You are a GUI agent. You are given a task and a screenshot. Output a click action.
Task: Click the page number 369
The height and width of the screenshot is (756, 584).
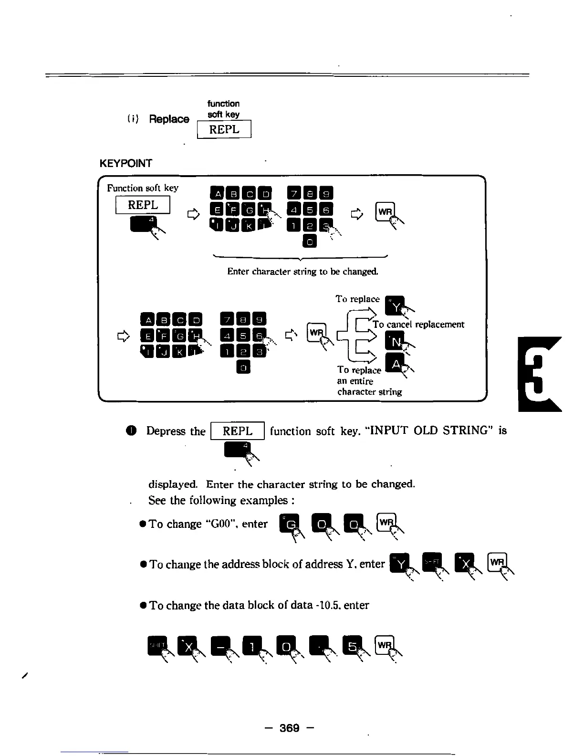(x=289, y=727)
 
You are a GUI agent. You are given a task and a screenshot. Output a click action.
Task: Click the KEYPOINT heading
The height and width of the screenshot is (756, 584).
(x=125, y=163)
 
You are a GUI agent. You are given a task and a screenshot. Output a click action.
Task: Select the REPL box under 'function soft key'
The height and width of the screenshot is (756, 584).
(x=224, y=129)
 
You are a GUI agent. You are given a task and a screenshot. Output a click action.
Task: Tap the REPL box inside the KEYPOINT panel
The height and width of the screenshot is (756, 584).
(x=143, y=205)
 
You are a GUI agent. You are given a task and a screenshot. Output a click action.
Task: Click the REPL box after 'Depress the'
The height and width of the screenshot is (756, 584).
(x=238, y=431)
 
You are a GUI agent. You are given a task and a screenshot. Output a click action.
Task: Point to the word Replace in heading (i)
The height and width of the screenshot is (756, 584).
(x=169, y=119)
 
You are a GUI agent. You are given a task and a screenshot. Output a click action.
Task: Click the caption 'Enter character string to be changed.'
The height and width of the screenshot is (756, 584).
(x=303, y=272)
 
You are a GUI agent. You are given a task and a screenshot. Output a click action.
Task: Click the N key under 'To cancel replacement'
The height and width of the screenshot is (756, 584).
(x=396, y=340)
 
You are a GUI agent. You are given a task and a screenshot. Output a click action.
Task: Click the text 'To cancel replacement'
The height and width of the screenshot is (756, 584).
(x=418, y=325)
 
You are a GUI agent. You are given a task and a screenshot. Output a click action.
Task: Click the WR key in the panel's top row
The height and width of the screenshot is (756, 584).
(x=385, y=211)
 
